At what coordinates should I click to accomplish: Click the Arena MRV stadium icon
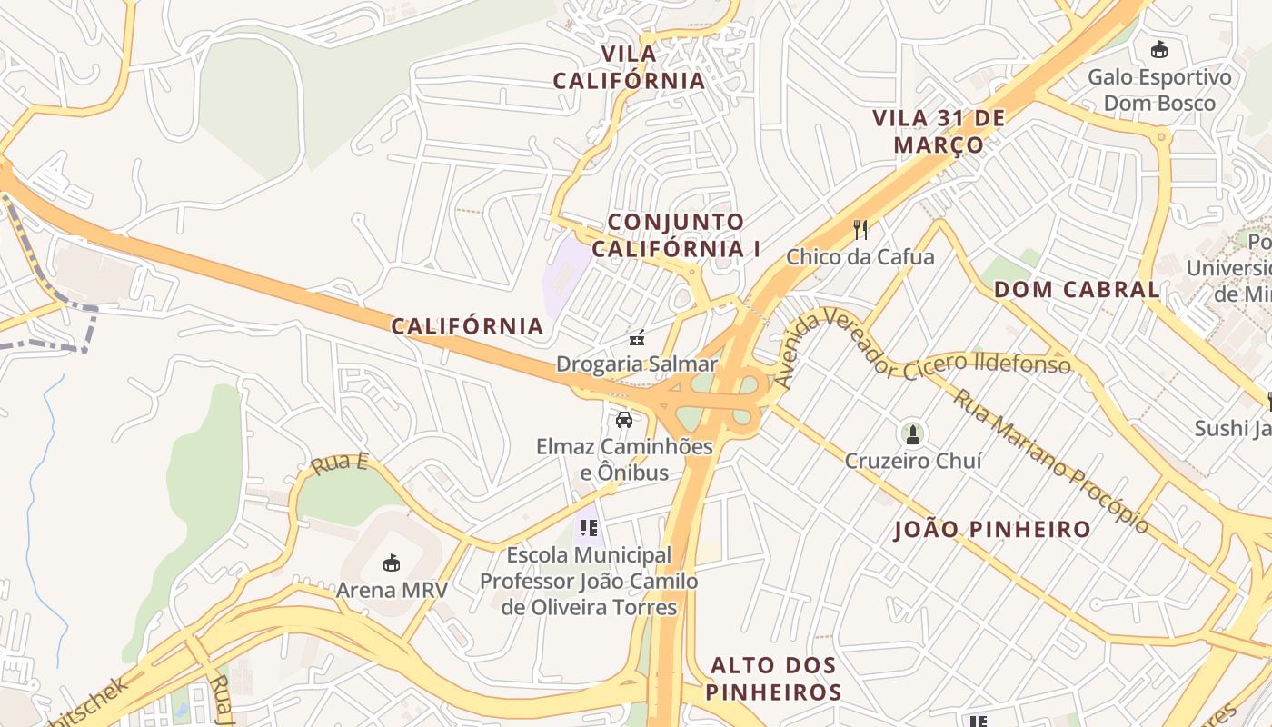pos(391,563)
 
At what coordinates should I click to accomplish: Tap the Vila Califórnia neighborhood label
pos(629,67)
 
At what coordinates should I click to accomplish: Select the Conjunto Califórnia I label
pos(675,234)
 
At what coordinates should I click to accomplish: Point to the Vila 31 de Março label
pos(939,131)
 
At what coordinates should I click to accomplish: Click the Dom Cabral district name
pos(1077,290)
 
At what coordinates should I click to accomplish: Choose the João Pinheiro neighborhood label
pos(992,529)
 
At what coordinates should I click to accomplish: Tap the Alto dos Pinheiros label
pos(774,678)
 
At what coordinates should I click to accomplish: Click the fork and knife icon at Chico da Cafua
pos(860,230)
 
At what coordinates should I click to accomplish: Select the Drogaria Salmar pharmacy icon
pos(637,339)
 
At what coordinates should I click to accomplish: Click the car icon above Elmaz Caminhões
pos(623,420)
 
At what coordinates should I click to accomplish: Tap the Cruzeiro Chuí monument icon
pos(913,434)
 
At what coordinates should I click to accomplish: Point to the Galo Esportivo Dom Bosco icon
pos(1158,50)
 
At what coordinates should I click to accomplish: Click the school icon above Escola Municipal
pos(588,527)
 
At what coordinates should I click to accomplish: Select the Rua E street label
pos(339,463)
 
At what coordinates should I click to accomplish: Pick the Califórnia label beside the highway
pos(467,325)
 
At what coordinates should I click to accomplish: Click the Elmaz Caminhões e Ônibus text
pos(624,460)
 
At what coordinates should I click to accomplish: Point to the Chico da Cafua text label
pos(860,257)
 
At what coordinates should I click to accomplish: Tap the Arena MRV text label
pos(392,590)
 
